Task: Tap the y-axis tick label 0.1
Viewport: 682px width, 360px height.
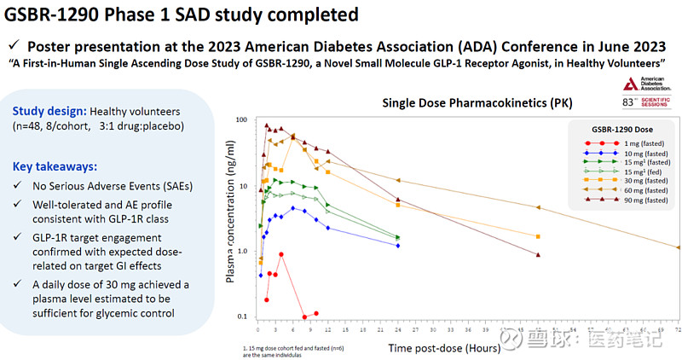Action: [240, 317]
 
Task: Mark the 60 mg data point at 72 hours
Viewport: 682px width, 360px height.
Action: [678, 247]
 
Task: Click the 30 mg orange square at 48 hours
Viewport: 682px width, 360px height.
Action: [538, 236]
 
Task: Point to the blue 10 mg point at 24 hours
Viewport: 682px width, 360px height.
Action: [398, 246]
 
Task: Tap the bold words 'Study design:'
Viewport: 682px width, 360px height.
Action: [49, 111]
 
